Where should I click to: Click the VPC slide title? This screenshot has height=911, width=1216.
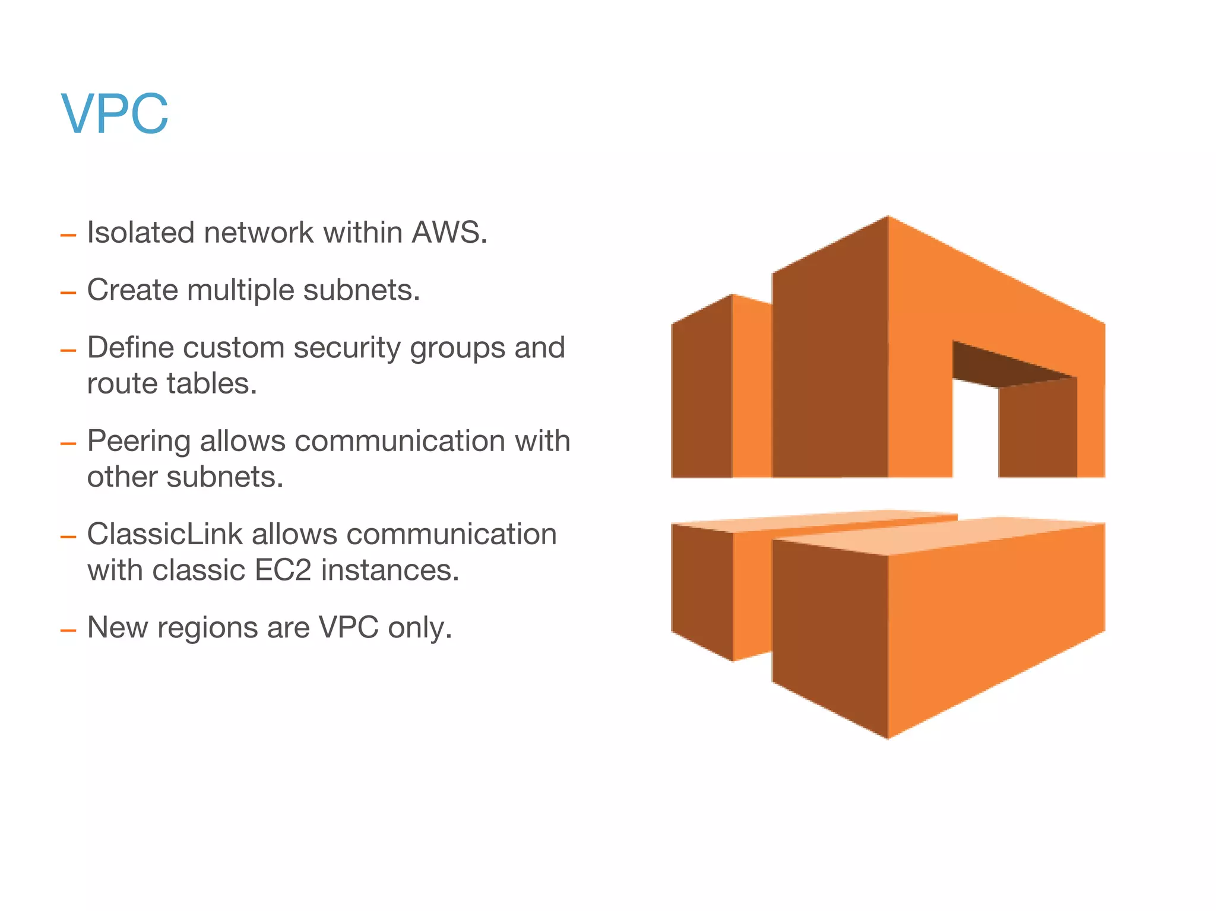(x=115, y=114)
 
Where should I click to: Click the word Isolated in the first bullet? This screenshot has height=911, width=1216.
(x=140, y=232)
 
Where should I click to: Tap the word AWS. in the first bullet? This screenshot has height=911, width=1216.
(x=449, y=232)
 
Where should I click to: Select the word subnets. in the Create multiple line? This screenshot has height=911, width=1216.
(x=361, y=290)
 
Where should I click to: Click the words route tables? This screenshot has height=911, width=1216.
(x=172, y=383)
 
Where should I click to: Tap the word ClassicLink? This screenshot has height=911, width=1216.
(x=164, y=534)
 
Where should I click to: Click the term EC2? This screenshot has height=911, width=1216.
(x=283, y=570)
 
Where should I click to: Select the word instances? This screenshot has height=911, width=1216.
(x=390, y=570)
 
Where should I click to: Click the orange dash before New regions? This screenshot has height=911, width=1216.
(x=68, y=630)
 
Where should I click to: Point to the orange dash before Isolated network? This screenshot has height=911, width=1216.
(x=68, y=235)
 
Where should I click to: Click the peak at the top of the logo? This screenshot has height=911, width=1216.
(x=888, y=218)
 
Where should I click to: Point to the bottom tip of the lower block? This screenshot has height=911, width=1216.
(x=888, y=736)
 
